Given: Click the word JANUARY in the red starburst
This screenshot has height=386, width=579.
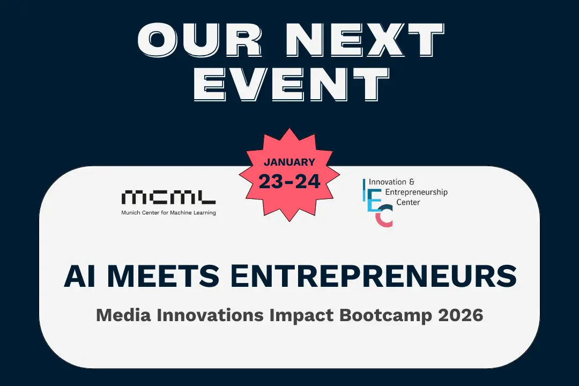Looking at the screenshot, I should [289, 161].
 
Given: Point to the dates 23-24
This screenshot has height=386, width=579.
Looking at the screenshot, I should [289, 181].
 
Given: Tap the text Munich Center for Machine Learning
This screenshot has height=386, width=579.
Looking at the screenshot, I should [168, 213].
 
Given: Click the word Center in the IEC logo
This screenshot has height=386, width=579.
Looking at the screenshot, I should [409, 202].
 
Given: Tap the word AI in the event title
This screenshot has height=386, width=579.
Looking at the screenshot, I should [78, 276].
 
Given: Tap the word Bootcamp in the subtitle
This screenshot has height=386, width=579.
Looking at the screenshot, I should [387, 315].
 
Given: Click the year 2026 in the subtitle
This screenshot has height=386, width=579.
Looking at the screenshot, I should [461, 315].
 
